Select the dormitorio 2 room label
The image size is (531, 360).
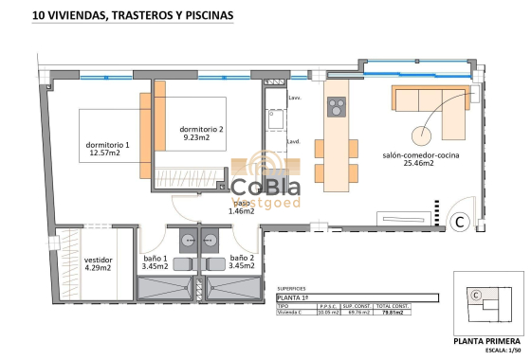point(202,134)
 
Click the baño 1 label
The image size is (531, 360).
point(155,262)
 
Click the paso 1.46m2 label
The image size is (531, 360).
point(242,207)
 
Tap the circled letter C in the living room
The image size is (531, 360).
point(458,223)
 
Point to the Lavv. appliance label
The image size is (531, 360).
point(295,97)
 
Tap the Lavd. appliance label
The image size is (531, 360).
point(294,142)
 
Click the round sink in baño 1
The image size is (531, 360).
point(188,240)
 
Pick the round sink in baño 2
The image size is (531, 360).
point(211,240)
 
